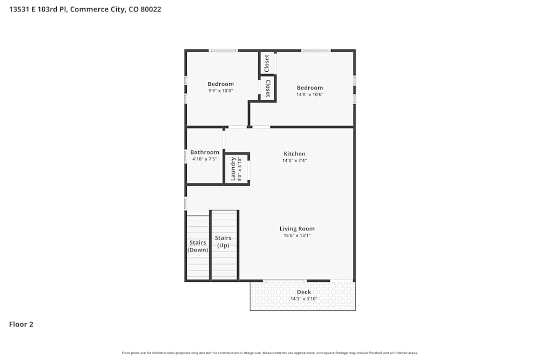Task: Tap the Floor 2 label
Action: (x=21, y=324)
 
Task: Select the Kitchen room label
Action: (x=294, y=154)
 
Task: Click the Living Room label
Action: (x=297, y=229)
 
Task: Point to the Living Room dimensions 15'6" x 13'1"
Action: (x=297, y=236)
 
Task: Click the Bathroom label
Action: (x=205, y=152)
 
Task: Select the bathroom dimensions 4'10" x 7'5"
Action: (x=205, y=159)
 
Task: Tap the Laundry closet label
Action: (x=233, y=169)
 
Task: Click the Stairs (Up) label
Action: (x=223, y=241)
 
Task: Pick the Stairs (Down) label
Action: (x=198, y=246)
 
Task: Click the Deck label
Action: (x=304, y=292)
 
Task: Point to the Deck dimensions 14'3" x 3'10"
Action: (x=304, y=299)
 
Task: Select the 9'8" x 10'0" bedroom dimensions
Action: (x=220, y=91)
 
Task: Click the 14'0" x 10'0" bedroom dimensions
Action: (x=309, y=95)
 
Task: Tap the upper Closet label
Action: (x=267, y=63)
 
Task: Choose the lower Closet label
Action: (x=268, y=89)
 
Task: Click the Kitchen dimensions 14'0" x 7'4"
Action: (x=294, y=161)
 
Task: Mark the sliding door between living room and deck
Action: (x=285, y=281)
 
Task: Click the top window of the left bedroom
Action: (x=223, y=51)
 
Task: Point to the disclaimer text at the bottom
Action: (x=270, y=352)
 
